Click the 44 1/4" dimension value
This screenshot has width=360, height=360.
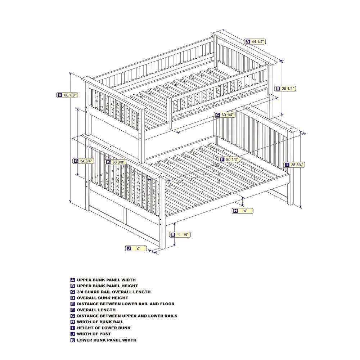[258, 41]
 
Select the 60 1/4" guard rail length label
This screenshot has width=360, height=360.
[228, 115]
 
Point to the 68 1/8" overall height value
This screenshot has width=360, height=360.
[71, 95]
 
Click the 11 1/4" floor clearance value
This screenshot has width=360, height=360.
[183, 235]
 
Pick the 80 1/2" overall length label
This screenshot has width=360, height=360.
[233, 159]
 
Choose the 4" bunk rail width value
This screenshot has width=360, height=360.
[246, 211]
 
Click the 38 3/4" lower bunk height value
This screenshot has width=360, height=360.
[297, 165]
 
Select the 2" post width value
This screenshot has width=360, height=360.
[138, 248]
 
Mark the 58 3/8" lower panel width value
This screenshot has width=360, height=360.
[118, 162]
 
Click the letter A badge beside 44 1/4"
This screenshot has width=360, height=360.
[248, 41]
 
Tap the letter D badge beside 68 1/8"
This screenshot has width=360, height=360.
[59, 95]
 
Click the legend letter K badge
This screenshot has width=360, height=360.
[73, 340]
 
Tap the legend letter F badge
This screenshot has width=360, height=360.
[73, 310]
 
